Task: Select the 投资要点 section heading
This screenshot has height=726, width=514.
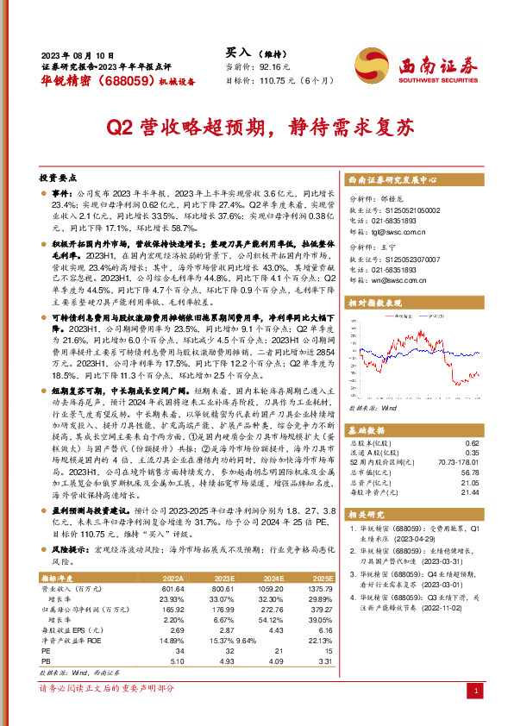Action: [58, 177]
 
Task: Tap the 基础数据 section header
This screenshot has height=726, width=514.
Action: [366, 429]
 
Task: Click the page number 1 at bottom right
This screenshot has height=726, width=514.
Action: [476, 692]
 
